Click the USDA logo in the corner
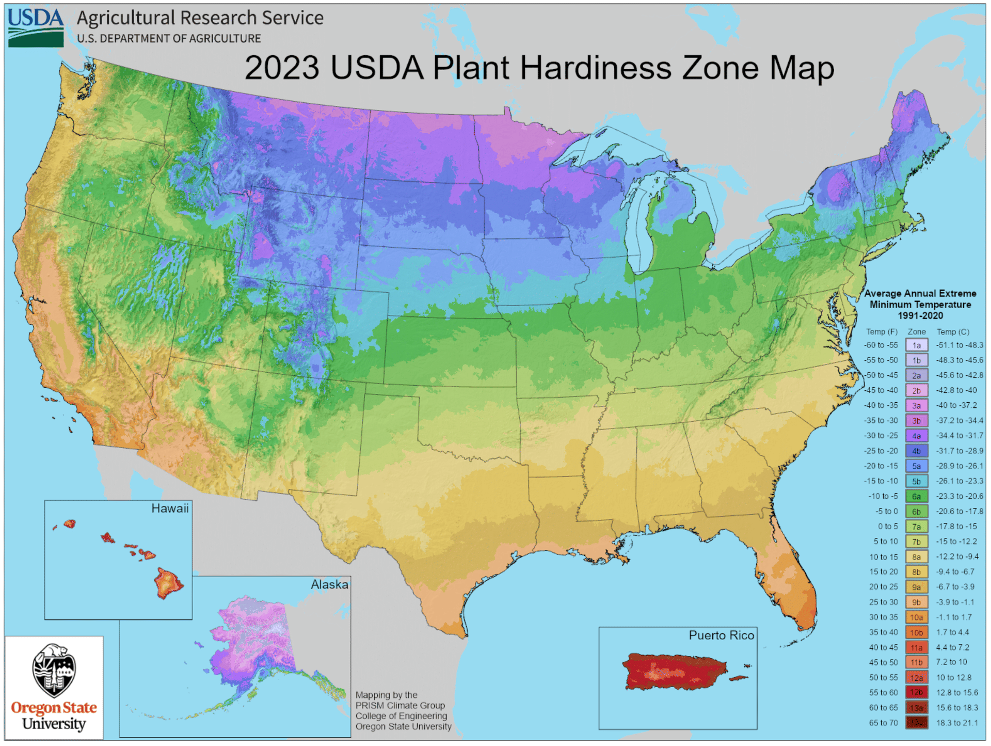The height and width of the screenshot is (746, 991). (36, 27)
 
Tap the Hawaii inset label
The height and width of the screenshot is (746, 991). (170, 509)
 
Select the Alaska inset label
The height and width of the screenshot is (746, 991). (329, 584)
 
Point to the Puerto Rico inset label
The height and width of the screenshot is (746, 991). (721, 635)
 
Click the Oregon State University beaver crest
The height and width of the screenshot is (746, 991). (54, 670)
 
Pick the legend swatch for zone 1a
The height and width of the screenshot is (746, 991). (916, 345)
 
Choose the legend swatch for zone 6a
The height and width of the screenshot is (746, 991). (916, 497)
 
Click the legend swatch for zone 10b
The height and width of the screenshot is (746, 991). (916, 632)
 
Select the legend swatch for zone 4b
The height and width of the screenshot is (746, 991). (916, 451)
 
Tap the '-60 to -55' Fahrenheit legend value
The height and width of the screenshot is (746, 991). (881, 345)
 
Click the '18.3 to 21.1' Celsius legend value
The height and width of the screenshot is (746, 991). (957, 723)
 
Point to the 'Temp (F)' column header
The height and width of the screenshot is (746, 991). (882, 332)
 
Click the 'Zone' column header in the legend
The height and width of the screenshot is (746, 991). (917, 332)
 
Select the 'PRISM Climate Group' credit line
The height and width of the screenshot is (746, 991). (400, 706)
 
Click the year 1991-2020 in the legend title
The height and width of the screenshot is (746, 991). (920, 315)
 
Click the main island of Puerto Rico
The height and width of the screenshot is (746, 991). (674, 671)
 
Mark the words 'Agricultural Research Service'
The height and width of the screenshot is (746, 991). (200, 18)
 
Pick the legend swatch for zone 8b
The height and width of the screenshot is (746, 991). (916, 572)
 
